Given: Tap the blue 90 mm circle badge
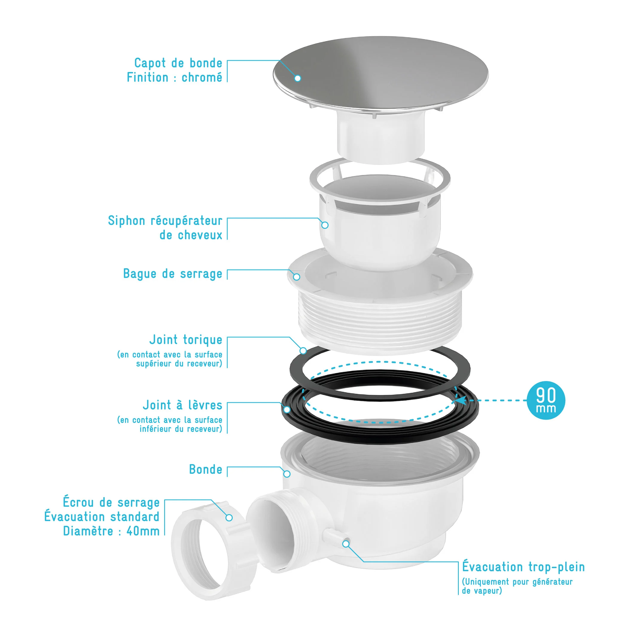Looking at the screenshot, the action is (546, 400).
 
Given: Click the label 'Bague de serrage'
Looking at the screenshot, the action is (173, 274).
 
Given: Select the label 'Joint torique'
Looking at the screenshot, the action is (186, 340).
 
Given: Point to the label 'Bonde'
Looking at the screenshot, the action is (206, 469).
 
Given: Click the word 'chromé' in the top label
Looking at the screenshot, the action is (202, 77).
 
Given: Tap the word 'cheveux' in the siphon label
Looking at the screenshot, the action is (191, 235).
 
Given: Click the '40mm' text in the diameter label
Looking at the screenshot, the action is (143, 531).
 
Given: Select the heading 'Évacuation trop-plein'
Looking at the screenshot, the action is (523, 566).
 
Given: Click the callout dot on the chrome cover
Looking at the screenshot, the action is (298, 78).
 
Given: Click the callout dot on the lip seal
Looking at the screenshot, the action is (287, 409).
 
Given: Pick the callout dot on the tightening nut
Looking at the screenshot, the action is (229, 517).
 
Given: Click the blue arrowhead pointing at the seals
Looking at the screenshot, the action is (461, 400).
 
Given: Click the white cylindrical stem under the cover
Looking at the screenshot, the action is (380, 137).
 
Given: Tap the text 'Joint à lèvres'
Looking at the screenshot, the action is (182, 405).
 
